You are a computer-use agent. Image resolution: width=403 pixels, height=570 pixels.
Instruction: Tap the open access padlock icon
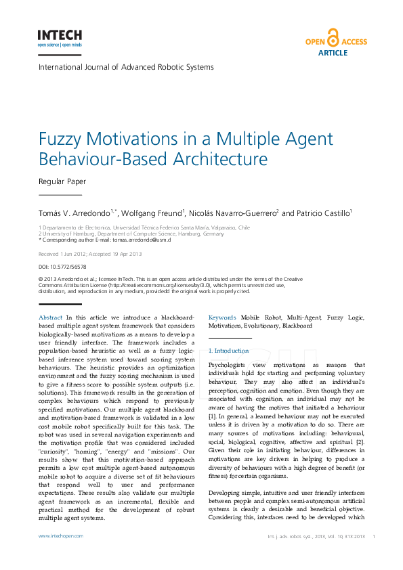[x=333, y=38]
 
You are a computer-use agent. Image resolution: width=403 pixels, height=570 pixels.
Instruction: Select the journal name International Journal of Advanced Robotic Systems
[x=126, y=67]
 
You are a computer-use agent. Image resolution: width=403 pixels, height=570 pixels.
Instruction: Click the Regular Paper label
[x=62, y=181]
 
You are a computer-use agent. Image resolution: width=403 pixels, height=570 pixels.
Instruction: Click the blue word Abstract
[x=51, y=317]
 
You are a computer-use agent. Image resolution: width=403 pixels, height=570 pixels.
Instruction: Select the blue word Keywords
[x=222, y=317]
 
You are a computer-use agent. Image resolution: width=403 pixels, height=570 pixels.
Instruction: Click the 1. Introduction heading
[x=229, y=351]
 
